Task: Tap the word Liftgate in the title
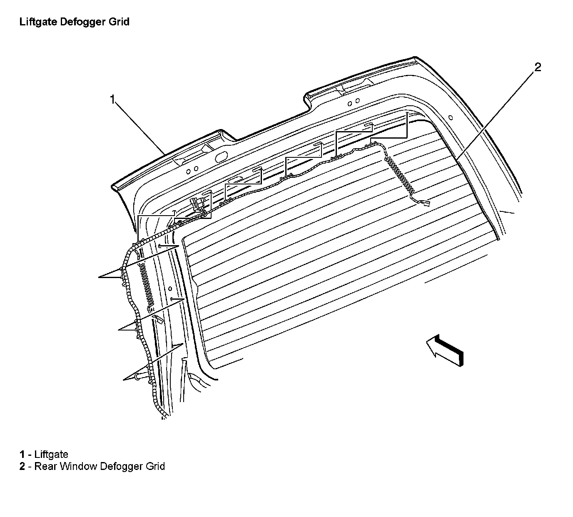pyautogui.click(x=38, y=22)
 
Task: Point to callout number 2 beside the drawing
pyautogui.click(x=538, y=67)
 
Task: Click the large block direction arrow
pyautogui.click(x=445, y=350)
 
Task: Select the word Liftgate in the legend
pyautogui.click(x=51, y=455)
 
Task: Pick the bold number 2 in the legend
pyautogui.click(x=22, y=466)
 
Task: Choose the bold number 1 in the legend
pyautogui.click(x=22, y=455)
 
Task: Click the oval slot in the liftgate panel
pyautogui.click(x=221, y=157)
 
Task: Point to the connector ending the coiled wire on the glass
pyautogui.click(x=425, y=204)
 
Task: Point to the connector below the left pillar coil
pyautogui.click(x=159, y=318)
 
